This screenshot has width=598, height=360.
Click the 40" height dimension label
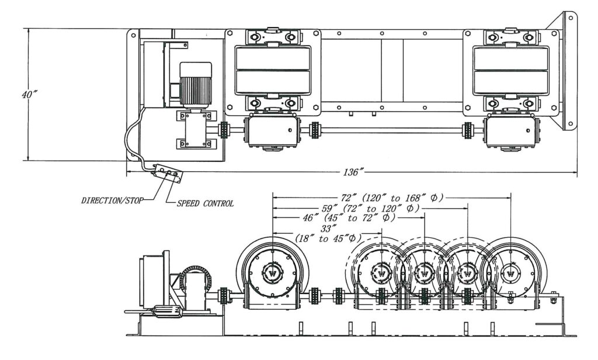point(29,94)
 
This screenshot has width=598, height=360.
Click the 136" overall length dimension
point(351,172)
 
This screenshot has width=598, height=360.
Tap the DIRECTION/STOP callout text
point(112,200)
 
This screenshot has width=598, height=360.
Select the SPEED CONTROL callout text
point(205,203)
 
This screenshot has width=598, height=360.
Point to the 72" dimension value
point(348,198)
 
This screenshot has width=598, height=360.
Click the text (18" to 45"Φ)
point(328,238)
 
